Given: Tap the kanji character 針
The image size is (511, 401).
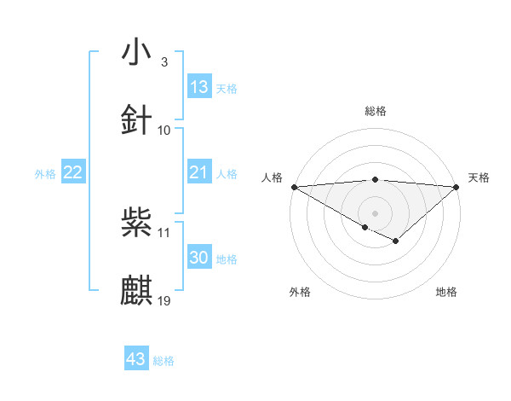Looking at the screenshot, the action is tap(137, 120).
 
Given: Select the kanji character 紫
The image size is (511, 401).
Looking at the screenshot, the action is tap(137, 224).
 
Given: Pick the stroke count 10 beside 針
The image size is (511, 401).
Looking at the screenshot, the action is tap(164, 130).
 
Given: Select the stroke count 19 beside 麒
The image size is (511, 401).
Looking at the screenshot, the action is tap(164, 300).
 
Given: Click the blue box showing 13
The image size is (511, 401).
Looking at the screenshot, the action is tap(198, 87).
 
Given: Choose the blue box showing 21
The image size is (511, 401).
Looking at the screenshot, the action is tap(198, 172).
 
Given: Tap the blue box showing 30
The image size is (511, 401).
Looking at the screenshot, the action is tap(198, 258).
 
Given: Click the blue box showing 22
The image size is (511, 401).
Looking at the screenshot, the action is tap(73, 172).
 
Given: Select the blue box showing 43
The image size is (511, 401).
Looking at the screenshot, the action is tap(136, 359).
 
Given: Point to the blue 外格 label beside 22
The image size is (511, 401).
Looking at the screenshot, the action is tap(45, 174).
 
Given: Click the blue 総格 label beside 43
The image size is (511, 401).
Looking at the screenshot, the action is tap(164, 361).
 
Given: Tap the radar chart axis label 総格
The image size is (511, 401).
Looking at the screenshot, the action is tap(376, 111).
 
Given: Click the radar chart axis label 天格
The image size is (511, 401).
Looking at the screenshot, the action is tap(479, 177).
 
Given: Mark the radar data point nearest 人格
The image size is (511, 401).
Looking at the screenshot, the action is tap(293, 186).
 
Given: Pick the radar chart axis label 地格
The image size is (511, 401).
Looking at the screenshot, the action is tap(446, 292).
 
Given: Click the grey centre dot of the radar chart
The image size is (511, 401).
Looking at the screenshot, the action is tap(376, 212).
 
